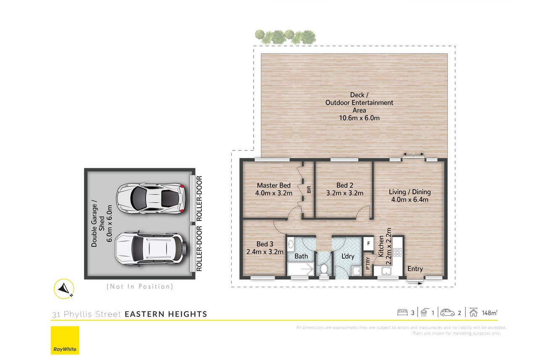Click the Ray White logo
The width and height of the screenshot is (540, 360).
tap(65, 340)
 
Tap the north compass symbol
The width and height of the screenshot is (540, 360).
tap(64, 289)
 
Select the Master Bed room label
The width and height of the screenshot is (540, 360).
tap(274, 185)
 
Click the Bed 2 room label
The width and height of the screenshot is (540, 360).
tap(345, 185)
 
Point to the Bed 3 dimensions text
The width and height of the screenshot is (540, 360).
tap(265, 252)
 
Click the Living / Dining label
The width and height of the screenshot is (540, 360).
tap(410, 192)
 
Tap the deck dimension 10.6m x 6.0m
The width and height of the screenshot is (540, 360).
tap(359, 118)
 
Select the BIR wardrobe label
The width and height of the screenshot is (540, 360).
tap(309, 190)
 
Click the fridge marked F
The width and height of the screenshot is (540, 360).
tap(368, 244)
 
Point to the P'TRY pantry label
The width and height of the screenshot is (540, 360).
tap(368, 263)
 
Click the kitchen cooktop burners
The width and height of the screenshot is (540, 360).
tap(397, 252)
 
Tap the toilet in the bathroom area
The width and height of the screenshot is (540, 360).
tap(324, 270)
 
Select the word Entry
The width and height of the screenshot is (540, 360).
tap(415, 269)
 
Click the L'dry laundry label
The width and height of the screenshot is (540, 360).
tap(348, 256)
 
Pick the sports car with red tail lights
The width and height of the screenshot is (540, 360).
tap(151, 199)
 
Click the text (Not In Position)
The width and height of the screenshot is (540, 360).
tap(140, 286)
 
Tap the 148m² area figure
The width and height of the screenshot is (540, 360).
tap(490, 313)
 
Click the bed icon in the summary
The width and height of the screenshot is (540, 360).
tap(402, 312)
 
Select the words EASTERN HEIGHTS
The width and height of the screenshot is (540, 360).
tap(166, 314)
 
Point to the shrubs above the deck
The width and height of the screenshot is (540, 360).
tap(286, 37)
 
